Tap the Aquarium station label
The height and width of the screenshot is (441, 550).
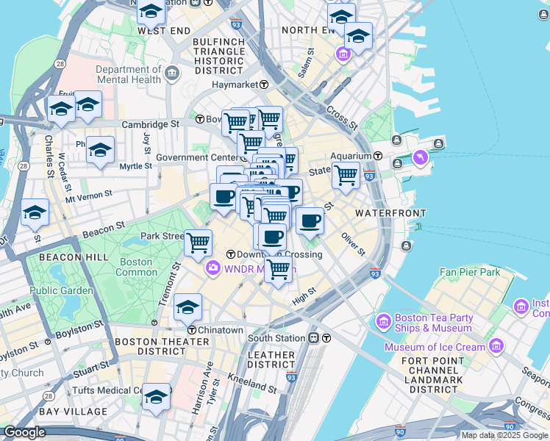click(x=351, y=156)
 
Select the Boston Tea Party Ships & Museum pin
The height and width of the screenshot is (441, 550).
click(x=383, y=321)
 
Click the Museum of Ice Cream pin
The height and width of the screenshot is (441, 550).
click(x=497, y=345)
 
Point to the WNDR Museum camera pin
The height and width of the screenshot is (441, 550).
click(x=213, y=268)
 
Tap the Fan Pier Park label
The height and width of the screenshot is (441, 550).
click(x=470, y=273)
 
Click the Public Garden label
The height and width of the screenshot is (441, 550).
click(x=62, y=290)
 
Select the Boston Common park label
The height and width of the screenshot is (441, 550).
click(x=137, y=267)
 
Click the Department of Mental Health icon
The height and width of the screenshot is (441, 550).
click(x=173, y=73)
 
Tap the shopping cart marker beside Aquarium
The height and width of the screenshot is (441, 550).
click(x=346, y=176)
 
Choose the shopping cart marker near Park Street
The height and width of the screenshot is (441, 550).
click(x=198, y=242)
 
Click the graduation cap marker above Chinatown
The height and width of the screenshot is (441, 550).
click(x=188, y=306)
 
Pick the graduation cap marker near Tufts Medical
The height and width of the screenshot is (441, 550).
click(x=156, y=396)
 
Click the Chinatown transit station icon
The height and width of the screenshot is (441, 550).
click(x=191, y=329)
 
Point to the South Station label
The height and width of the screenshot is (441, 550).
click(x=276, y=338)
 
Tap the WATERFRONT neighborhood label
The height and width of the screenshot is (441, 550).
click(x=390, y=212)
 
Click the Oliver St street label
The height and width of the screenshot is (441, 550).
click(x=353, y=243)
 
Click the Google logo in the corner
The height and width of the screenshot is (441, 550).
click(x=24, y=432)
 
